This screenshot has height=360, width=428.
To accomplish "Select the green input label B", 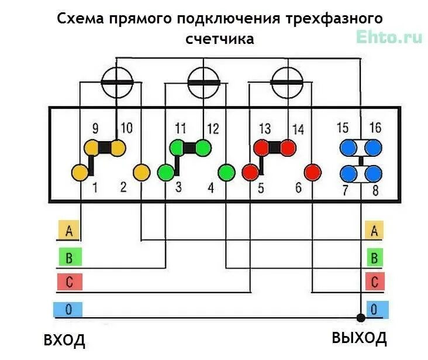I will [x=69, y=256].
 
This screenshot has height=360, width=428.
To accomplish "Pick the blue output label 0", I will [x=375, y=308].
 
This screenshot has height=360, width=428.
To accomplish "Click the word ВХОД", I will [x=64, y=340].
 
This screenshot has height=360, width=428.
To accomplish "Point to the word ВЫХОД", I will [x=359, y=338].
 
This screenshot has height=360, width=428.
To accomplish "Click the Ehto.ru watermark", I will [x=389, y=37].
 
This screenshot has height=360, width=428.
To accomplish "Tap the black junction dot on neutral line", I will [x=361, y=318].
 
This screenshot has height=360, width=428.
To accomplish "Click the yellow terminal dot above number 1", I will [x=80, y=173].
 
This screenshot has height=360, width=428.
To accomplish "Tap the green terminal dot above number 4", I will [x=226, y=173].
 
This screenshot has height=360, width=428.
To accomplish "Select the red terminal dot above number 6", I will [x=313, y=173].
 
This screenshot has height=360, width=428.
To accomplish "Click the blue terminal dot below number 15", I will [x=349, y=146].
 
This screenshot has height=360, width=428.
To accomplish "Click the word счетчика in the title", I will [x=219, y=39].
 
